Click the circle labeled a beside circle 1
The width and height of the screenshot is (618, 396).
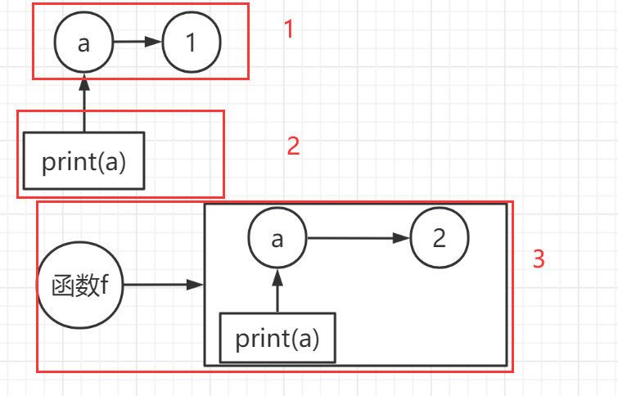[x=83, y=43]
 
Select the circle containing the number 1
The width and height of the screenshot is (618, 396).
[x=192, y=43]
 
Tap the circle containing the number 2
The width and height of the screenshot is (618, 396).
[x=439, y=239]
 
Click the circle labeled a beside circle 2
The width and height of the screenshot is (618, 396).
[x=277, y=239]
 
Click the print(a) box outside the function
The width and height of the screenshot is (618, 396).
[x=83, y=161]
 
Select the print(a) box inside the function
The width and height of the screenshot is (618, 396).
[x=277, y=337]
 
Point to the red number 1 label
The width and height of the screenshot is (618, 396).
[x=288, y=29]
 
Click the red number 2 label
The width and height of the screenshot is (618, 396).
[x=293, y=146]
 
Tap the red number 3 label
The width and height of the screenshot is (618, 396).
[x=539, y=259]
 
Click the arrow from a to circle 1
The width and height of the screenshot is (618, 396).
[x=138, y=43]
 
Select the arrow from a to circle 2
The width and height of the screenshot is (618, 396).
[x=357, y=239]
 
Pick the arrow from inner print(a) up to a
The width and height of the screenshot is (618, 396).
[x=277, y=290]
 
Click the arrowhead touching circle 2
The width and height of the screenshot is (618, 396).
[x=402, y=239]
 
